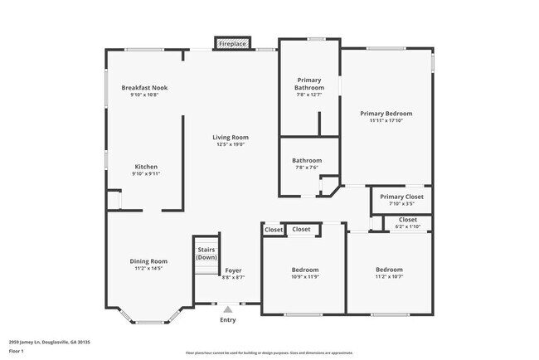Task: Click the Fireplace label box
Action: tap(232, 43)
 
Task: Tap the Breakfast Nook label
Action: tap(144, 87)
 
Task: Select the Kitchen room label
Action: tap(146, 166)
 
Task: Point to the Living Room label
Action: tap(231, 137)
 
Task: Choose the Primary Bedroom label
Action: tap(386, 113)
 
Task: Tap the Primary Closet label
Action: tap(401, 197)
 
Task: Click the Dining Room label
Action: tap(148, 261)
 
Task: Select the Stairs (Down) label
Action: tap(206, 253)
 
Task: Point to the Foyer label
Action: tap(233, 270)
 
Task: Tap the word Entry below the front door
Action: tap(227, 320)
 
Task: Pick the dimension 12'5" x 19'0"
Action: tap(231, 144)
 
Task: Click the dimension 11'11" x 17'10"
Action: tap(386, 120)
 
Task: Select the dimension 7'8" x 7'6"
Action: tap(307, 168)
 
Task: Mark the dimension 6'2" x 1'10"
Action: tap(408, 226)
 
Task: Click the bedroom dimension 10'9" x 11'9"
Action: tap(304, 277)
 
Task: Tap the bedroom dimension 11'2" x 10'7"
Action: tap(389, 277)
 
